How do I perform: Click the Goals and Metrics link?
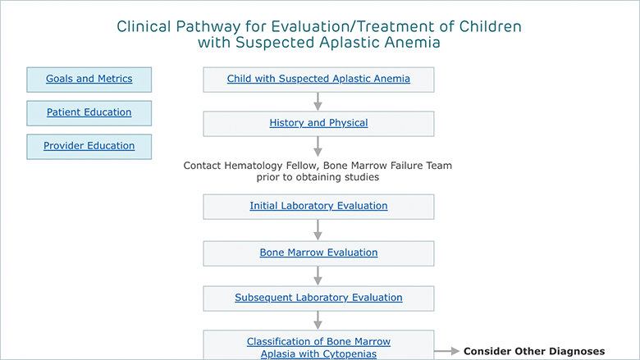[x=89, y=79]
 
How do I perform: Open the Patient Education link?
[x=89, y=112]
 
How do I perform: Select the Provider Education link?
[x=89, y=145]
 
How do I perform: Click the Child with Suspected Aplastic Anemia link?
[x=318, y=79]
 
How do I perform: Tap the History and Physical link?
[x=318, y=123]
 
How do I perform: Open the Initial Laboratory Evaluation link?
[x=318, y=206]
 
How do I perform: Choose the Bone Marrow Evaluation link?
[x=318, y=253]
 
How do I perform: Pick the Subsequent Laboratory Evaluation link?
[x=318, y=298]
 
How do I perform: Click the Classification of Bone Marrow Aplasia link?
[x=318, y=348]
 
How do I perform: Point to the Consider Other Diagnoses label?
[x=534, y=351]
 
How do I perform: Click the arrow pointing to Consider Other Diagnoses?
[x=447, y=351]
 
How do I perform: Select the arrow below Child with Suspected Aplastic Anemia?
[x=318, y=102]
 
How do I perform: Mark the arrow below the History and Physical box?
[x=318, y=146]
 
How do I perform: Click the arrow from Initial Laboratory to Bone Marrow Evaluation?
[x=318, y=230]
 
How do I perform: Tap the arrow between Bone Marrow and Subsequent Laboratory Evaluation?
[x=318, y=276]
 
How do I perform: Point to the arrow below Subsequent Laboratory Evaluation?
[x=318, y=321]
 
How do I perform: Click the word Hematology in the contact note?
[x=254, y=166]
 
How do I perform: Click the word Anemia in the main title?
[x=412, y=43]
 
